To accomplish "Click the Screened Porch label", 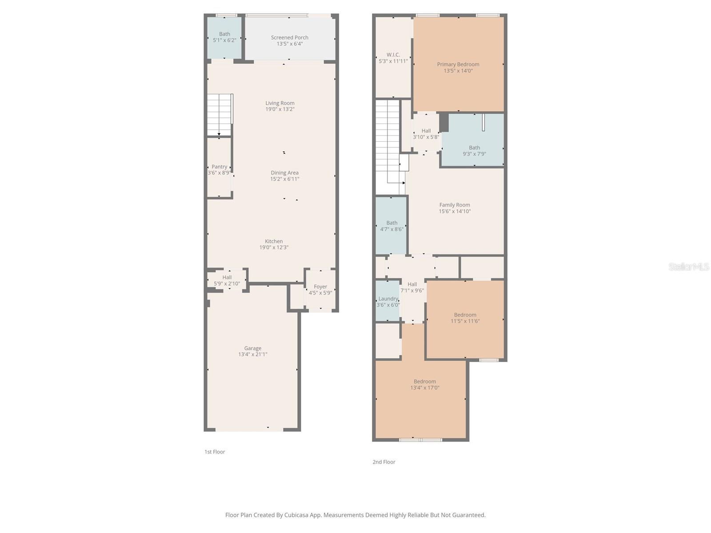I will (x=289, y=38).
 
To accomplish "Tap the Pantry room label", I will (x=219, y=167).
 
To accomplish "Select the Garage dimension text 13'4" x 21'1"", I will (x=252, y=354).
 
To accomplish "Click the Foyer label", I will (x=320, y=287).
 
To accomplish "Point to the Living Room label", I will (x=280, y=103).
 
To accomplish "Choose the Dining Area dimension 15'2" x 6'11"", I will (x=284, y=179).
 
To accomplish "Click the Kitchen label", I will (x=274, y=242).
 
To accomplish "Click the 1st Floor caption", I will (x=215, y=452).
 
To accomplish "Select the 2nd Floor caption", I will (x=383, y=462).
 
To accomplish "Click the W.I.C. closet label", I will (x=393, y=55).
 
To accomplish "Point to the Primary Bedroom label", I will (x=458, y=64).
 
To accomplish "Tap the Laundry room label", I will (x=388, y=299).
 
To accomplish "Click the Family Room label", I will (x=454, y=205).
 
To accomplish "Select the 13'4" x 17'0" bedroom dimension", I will (x=424, y=388).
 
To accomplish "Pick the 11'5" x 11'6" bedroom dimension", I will (x=465, y=321).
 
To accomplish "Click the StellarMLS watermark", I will (x=688, y=267).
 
